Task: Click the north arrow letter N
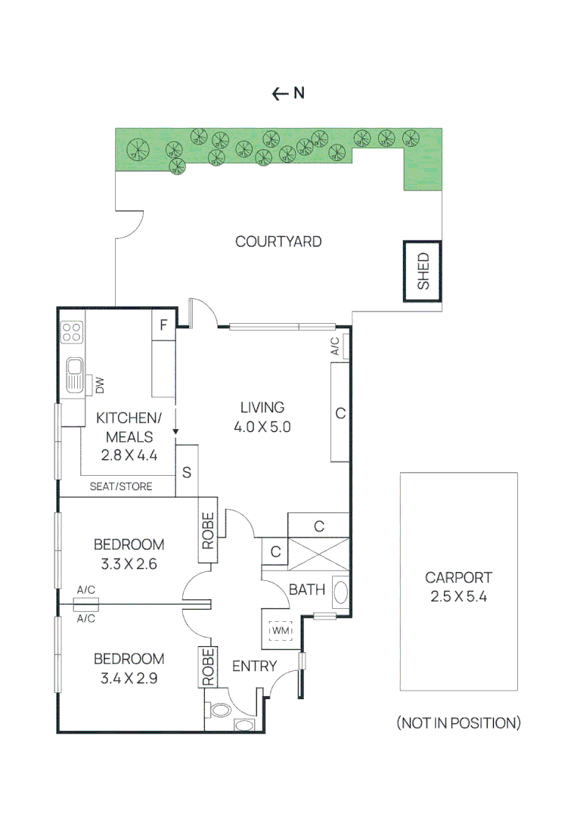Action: tap(299, 94)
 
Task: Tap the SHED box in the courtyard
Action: tap(423, 272)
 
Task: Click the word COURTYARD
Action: tap(278, 242)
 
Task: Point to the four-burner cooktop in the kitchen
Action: tap(73, 332)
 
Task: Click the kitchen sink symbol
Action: tap(74, 375)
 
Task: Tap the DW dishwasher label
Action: tap(99, 385)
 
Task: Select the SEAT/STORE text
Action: tap(121, 486)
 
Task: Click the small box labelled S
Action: tap(186, 472)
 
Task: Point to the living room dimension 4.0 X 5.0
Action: tap(262, 427)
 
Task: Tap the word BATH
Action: tap(307, 589)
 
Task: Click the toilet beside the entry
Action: tap(220, 711)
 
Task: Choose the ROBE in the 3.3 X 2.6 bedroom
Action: tap(208, 530)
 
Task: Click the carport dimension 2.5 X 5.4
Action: tap(458, 596)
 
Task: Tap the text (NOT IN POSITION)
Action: tap(458, 723)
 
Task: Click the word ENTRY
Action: tap(254, 666)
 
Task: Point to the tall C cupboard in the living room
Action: tap(340, 413)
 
